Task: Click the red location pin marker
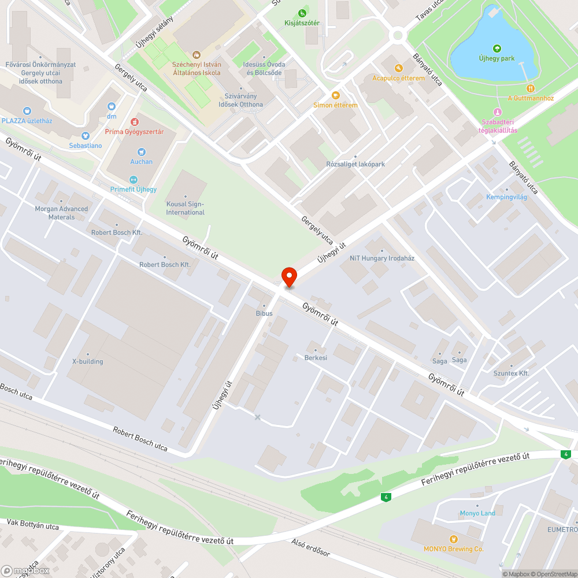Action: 288,277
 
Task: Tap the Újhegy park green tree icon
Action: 497,49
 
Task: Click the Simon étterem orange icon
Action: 335,95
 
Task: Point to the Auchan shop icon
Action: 142,152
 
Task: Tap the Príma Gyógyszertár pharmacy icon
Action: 135,122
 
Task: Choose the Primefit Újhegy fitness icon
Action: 134,180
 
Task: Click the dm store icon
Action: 112,107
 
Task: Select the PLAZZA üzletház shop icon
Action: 27,111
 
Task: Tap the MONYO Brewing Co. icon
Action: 453,539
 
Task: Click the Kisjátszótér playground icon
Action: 302,13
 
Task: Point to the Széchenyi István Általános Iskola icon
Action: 197,55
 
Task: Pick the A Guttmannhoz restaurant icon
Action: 531,88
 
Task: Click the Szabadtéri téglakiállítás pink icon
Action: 497,112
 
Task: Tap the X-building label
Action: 87,361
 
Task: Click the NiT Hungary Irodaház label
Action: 382,258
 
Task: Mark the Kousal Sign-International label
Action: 186,208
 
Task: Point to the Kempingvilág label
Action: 506,197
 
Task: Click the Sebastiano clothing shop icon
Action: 86,136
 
